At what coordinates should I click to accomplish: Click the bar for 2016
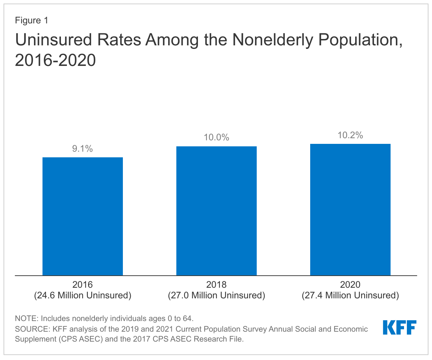click(x=83, y=216)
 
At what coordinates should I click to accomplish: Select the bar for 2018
click(x=216, y=211)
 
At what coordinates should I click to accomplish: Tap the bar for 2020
click(x=350, y=209)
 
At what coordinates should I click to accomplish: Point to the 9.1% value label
click(x=83, y=149)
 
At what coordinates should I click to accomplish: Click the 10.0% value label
click(x=216, y=137)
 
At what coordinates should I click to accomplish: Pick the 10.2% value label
click(x=350, y=135)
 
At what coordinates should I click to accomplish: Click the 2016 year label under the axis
click(x=83, y=285)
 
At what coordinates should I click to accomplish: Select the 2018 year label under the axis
click(x=216, y=285)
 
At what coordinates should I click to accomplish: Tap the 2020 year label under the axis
click(x=350, y=285)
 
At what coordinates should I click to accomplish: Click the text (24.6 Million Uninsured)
click(x=83, y=295)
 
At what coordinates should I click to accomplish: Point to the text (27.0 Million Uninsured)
click(x=216, y=295)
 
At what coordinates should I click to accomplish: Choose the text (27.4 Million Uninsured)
click(x=350, y=295)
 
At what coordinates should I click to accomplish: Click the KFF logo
click(x=399, y=327)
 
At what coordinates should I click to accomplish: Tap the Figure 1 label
click(x=31, y=21)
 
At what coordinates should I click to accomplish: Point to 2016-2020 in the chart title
click(x=55, y=60)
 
